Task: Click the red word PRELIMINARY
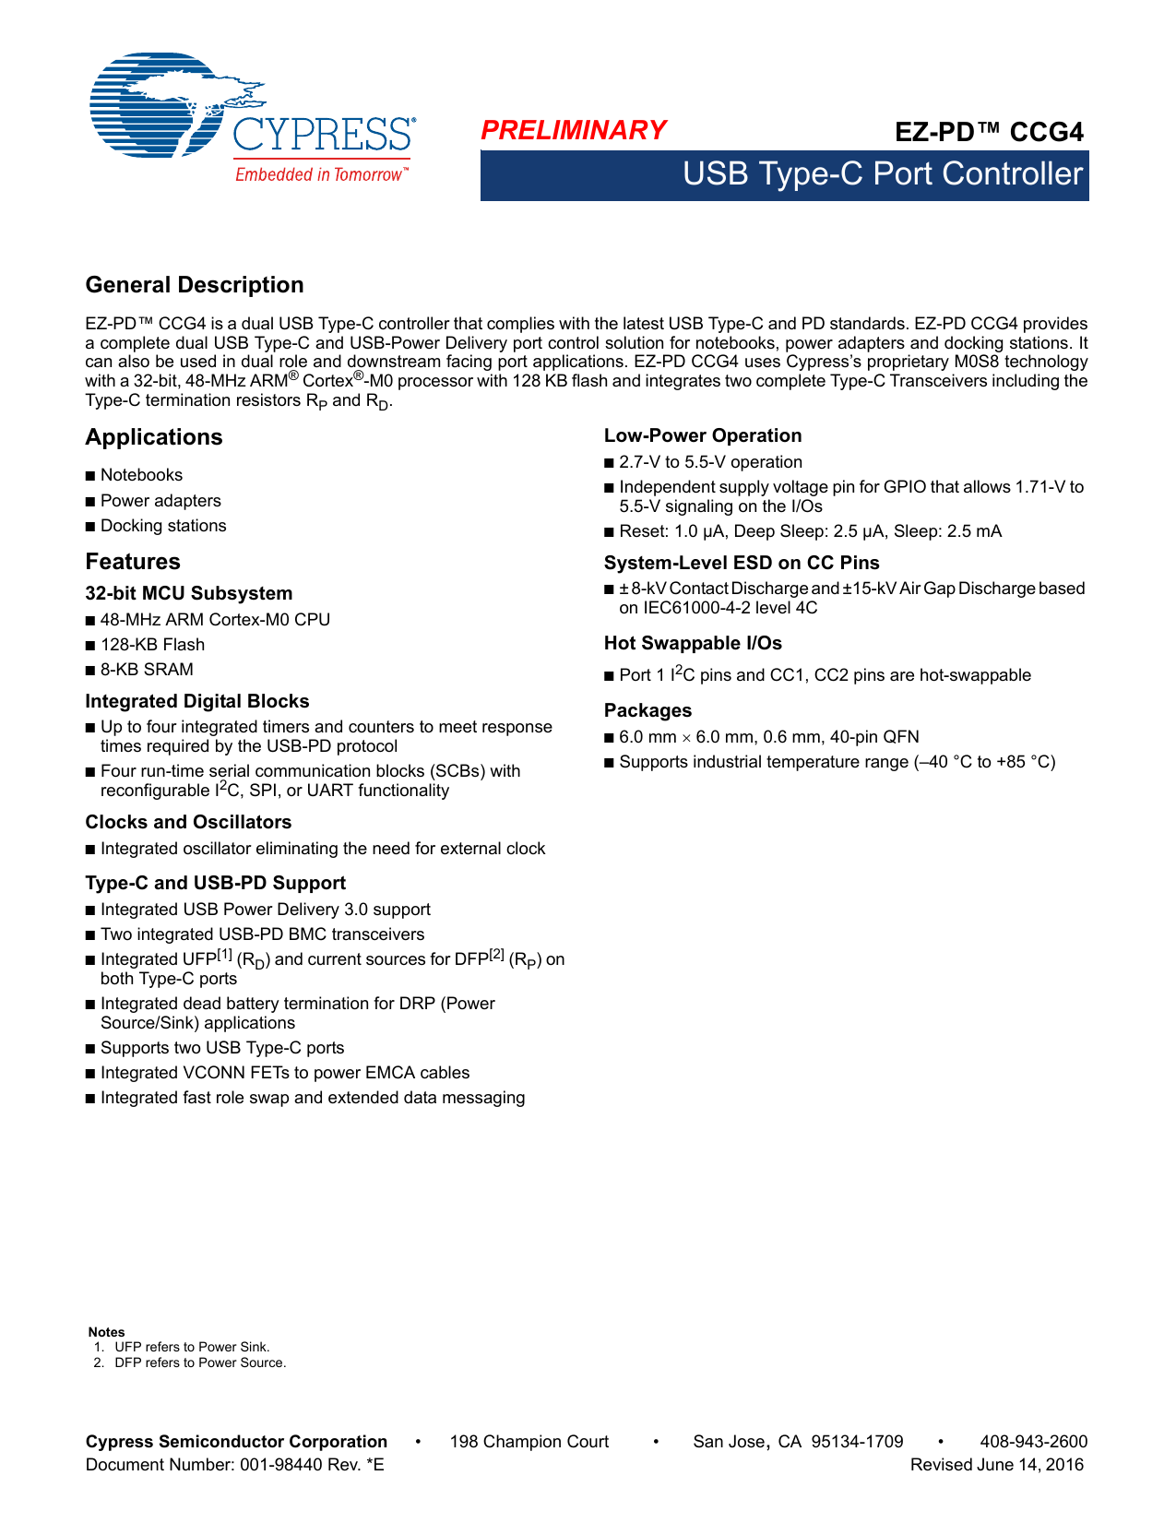pos(573,131)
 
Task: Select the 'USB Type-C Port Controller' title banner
pos(881,174)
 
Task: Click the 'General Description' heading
pos(195,285)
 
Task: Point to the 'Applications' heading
pos(154,437)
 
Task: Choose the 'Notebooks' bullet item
pos(141,475)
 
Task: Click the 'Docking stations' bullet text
pos(163,526)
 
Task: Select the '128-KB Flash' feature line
pos(152,645)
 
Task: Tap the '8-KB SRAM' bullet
pos(147,670)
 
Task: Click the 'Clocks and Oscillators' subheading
pos(188,822)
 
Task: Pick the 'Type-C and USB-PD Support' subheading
pos(215,883)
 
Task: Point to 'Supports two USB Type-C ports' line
pos(222,1048)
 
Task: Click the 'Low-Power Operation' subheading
pos(703,435)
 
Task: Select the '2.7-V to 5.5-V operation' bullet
pos(710,462)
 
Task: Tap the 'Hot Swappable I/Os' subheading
pos(693,643)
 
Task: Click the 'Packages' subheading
pos(647,710)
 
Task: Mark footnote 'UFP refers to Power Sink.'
pos(192,1347)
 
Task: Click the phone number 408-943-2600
pos(1033,1442)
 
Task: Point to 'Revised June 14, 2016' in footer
pos(996,1465)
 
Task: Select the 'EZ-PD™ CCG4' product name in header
pos(989,132)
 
